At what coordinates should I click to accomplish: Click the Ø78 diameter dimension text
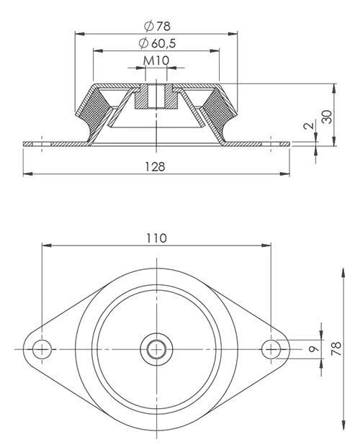tap(156, 26)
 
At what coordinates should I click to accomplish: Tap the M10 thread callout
tap(156, 60)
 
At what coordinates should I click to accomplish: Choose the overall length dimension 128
tap(156, 166)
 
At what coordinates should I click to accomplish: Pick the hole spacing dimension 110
tap(156, 238)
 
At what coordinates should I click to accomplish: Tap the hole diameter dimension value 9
tap(312, 349)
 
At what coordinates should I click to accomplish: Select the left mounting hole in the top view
tap(42, 349)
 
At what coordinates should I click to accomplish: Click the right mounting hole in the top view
tap(271, 349)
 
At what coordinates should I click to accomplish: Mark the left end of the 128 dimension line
tap(24, 174)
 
